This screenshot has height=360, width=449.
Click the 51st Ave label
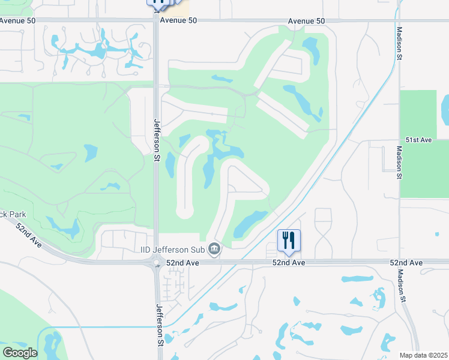(x=418, y=140)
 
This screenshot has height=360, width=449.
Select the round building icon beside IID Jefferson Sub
(x=214, y=248)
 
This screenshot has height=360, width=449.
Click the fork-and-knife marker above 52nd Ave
(x=289, y=241)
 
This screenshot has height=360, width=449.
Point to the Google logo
(x=19, y=353)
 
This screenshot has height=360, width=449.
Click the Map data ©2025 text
(x=423, y=355)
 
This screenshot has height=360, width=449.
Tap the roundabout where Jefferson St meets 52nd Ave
(x=157, y=263)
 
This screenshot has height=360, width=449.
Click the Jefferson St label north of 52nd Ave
(x=157, y=136)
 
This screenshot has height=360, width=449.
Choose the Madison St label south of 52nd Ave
(x=400, y=286)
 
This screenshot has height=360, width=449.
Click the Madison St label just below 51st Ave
(x=399, y=163)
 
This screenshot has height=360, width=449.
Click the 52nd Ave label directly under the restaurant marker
(x=289, y=263)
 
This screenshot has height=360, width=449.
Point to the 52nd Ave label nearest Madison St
(x=406, y=263)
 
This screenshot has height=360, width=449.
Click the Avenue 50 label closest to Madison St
(x=306, y=21)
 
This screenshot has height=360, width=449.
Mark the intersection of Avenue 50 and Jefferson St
(x=156, y=20)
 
